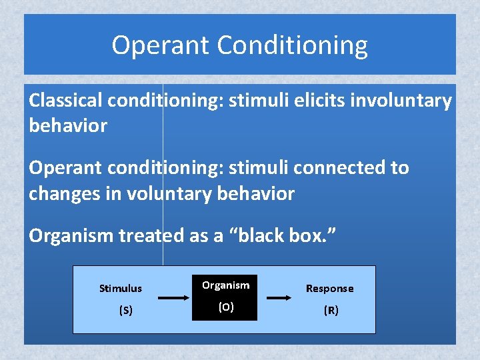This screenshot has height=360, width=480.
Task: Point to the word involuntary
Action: coord(399,101)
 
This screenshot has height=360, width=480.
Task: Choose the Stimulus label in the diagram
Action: coord(121,289)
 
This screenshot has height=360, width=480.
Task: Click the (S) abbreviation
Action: coord(125,310)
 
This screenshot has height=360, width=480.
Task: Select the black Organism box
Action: coord(225,297)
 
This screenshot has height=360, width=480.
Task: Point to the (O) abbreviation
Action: coord(226,308)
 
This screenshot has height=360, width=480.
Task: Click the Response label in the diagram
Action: coord(329,289)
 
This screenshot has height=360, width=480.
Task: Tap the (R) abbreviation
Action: coord(331,310)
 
